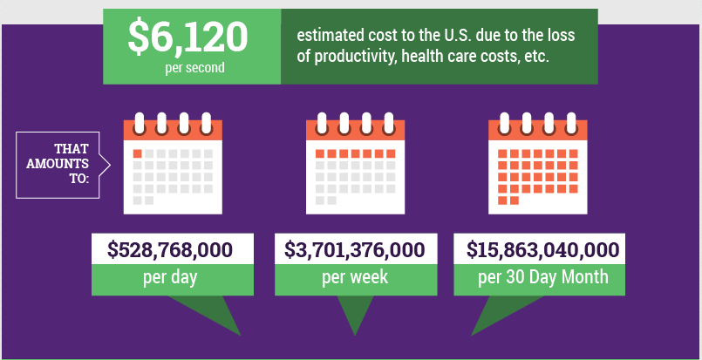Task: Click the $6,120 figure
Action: pos(187,37)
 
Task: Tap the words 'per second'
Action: pos(193,68)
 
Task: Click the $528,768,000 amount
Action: pos(171,250)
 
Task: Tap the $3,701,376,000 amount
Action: pos(354,250)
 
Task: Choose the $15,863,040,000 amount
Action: pos(542,250)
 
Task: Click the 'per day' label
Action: pos(171,279)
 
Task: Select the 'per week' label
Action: pos(354,279)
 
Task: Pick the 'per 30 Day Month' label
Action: pos(542,279)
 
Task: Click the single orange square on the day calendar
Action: pos(137,154)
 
